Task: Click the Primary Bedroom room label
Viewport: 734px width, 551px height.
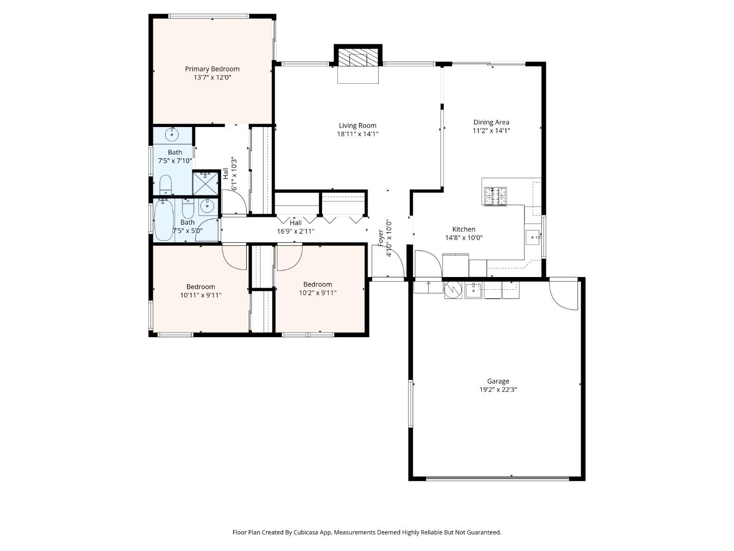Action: click(x=212, y=69)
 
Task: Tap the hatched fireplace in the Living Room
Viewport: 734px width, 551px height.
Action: click(x=358, y=59)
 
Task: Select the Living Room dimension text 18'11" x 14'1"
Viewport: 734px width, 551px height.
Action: click(x=357, y=134)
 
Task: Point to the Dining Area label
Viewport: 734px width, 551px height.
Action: click(x=491, y=122)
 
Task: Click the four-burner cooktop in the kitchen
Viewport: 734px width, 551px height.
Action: click(x=495, y=196)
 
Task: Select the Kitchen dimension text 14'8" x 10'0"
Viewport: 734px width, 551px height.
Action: click(x=464, y=238)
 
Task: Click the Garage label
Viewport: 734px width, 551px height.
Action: click(x=498, y=381)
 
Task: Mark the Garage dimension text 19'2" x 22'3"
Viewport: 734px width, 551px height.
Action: click(x=498, y=390)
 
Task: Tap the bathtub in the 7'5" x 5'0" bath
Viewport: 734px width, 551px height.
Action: click(x=164, y=220)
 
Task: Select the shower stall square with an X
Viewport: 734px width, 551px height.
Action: click(x=206, y=184)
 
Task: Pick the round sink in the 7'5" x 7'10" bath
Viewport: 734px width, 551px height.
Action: click(x=172, y=135)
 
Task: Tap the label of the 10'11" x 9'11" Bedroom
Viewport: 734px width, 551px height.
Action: click(x=200, y=287)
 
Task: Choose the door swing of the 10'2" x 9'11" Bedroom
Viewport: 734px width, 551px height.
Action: click(x=289, y=258)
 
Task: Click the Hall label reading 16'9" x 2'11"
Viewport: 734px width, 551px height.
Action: click(x=296, y=223)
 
